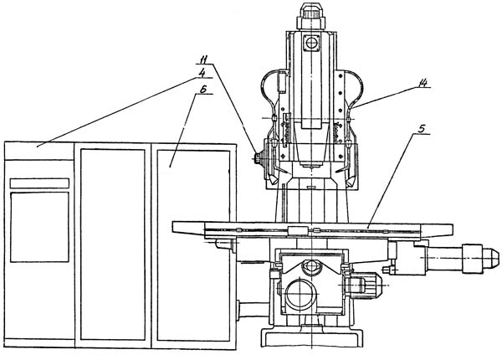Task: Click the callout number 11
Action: click(203, 60)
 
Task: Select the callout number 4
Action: click(202, 74)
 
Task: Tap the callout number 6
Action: click(202, 90)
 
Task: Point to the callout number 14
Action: click(423, 83)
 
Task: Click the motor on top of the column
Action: click(311, 17)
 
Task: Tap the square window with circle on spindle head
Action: click(311, 43)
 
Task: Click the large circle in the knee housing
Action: click(301, 295)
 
